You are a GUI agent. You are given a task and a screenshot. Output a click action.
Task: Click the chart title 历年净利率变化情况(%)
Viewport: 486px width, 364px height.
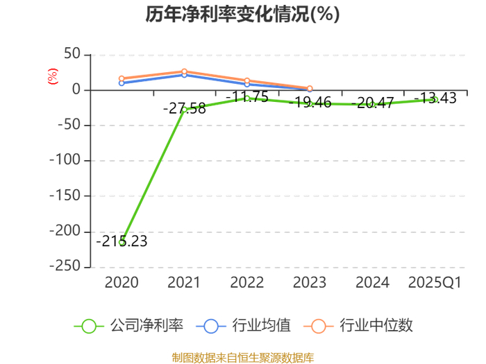click(243, 14)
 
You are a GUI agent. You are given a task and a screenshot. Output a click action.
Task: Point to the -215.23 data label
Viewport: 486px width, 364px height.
click(121, 241)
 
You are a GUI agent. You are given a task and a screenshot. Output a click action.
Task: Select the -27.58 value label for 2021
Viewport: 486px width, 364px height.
click(185, 108)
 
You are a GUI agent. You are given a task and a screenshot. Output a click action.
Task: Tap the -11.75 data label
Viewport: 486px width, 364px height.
click(247, 97)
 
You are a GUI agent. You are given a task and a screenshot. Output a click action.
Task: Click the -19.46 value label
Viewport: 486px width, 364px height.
click(310, 102)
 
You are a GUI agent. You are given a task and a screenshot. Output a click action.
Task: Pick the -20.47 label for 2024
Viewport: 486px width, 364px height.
click(373, 103)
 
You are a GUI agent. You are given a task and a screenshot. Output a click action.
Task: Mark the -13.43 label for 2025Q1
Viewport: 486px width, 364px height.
click(435, 98)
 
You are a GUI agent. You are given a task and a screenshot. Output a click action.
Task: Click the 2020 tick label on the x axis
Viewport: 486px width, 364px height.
click(121, 282)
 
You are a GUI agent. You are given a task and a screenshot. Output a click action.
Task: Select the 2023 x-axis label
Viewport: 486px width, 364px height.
click(310, 282)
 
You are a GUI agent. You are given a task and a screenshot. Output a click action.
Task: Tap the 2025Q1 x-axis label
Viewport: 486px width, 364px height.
click(435, 282)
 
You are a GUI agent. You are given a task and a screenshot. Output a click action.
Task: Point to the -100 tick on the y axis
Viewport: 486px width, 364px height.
click(65, 160)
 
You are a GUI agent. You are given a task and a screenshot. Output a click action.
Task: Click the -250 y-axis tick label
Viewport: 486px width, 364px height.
click(65, 266)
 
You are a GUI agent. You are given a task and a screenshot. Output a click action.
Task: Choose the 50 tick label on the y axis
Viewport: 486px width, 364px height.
click(72, 54)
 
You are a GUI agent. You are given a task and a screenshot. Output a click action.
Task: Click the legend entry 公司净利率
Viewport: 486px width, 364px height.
click(128, 326)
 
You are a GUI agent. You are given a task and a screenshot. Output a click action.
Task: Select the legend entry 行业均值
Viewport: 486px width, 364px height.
click(244, 326)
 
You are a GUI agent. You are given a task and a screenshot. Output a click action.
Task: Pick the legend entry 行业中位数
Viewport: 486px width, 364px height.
click(358, 326)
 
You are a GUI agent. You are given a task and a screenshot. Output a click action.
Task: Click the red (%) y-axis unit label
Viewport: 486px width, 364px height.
click(53, 76)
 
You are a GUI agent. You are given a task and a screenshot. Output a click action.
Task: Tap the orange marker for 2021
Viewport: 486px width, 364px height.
click(185, 71)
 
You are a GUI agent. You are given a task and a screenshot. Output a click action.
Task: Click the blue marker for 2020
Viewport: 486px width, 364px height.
click(121, 83)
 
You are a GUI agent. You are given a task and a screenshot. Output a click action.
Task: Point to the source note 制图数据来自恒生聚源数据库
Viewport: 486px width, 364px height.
click(243, 358)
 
